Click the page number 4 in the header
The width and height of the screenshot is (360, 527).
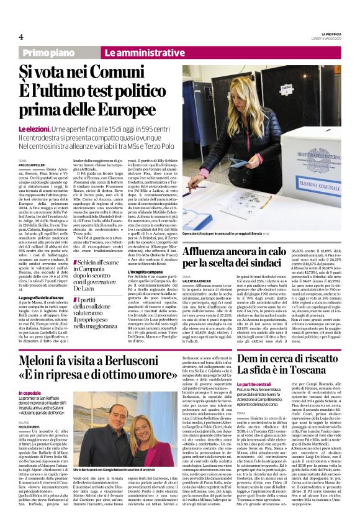(20, 37)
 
